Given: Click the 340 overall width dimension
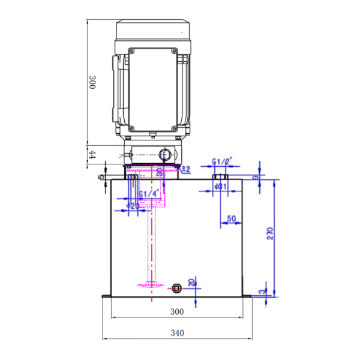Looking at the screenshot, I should click(177, 332).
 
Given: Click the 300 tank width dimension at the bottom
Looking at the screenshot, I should click(177, 311).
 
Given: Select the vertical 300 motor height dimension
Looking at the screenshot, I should click(92, 82).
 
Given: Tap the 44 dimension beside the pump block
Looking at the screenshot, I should click(92, 154).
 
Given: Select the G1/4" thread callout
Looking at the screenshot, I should click(148, 194).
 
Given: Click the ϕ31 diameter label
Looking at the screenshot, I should click(222, 187).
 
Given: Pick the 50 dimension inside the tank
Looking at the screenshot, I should click(231, 218).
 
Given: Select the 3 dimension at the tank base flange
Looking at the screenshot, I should click(262, 292).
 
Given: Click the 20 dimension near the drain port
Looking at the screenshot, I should click(192, 283).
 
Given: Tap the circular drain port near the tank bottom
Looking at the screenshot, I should click(176, 288).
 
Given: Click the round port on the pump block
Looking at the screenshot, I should click(165, 155).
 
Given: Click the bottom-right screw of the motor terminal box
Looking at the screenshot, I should click(174, 128).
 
